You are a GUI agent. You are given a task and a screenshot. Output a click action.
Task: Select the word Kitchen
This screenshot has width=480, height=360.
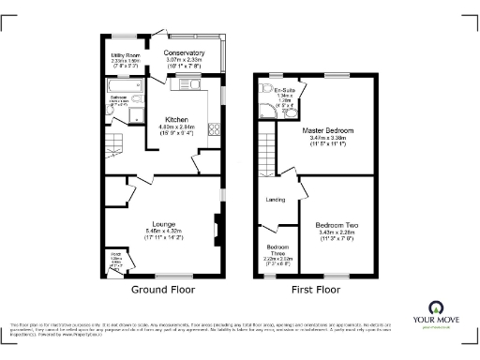coord(177,120)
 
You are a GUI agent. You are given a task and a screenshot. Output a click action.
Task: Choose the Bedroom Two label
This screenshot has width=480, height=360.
coord(333,226)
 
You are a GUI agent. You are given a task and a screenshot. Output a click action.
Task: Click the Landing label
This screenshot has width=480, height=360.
coord(276,200)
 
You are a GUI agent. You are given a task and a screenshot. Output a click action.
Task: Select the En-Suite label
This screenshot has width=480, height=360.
coord(286,88)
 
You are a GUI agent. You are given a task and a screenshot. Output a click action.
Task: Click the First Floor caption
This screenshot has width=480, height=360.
coord(315,289)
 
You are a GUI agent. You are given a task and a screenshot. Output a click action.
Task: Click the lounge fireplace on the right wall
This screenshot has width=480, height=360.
coord(217,227)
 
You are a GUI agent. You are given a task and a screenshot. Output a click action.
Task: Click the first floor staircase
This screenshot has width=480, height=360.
coord(266,150)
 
